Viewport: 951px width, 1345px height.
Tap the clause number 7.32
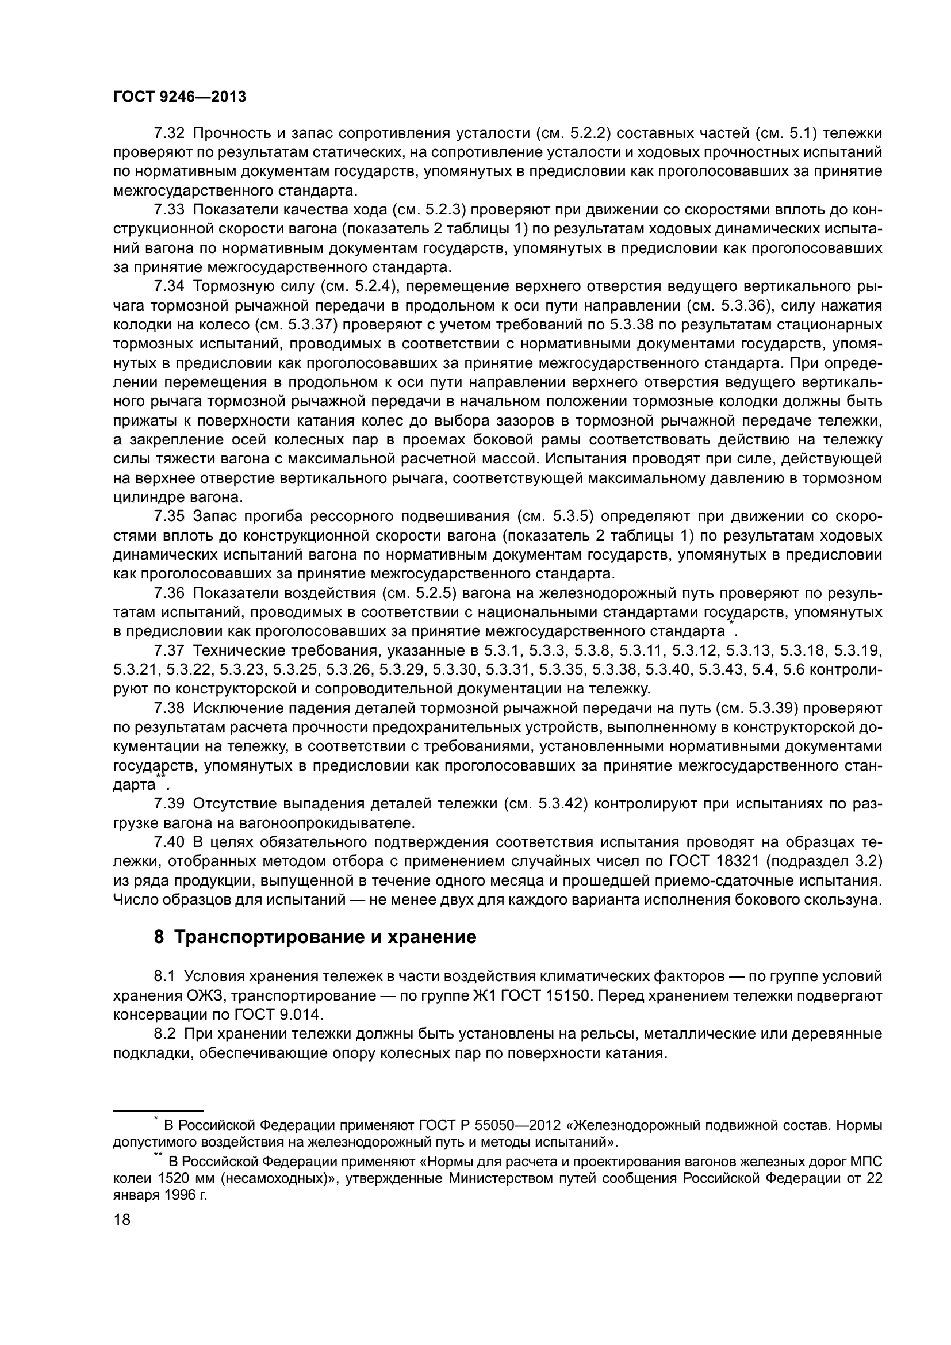[169, 133]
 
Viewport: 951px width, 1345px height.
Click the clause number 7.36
[169, 593]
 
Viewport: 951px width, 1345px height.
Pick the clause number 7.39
[169, 804]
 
